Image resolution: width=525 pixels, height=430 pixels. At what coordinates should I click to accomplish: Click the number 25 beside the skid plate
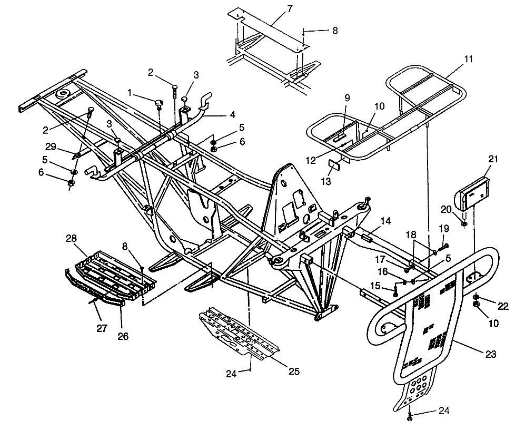tap(294, 372)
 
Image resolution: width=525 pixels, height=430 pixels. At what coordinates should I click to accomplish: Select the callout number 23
tap(490, 355)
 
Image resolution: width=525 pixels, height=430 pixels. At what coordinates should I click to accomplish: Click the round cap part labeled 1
tap(158, 102)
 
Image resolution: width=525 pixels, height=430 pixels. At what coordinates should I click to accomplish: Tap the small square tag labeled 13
tap(334, 164)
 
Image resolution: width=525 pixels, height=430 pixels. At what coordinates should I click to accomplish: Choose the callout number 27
tap(102, 328)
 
